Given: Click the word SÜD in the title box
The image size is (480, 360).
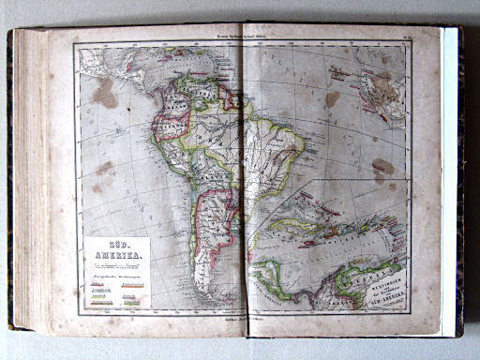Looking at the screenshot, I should pyautogui.click(x=115, y=247).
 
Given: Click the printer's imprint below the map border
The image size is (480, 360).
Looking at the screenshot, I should pyautogui.click(x=242, y=318).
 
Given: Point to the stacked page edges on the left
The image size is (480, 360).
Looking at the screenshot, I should pyautogui.click(x=28, y=178).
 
